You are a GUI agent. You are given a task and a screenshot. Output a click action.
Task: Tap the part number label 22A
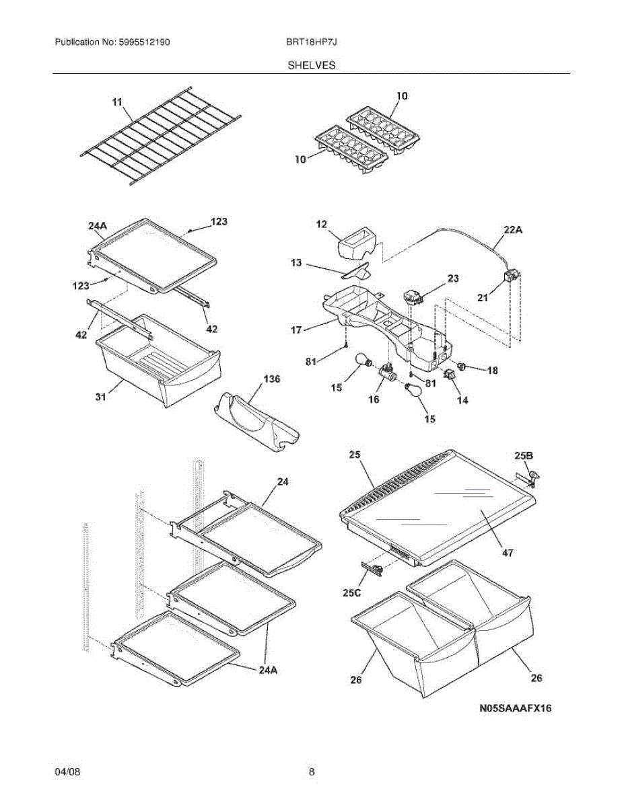point(513,229)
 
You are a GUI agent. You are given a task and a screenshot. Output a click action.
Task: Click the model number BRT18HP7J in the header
point(311,42)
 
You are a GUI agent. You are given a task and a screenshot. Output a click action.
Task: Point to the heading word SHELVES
point(312,65)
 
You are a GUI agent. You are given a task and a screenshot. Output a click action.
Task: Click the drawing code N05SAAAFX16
point(515,708)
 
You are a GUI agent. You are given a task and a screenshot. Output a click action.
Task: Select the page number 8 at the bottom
point(312,772)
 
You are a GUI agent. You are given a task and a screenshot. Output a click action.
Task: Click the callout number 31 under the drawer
point(100,398)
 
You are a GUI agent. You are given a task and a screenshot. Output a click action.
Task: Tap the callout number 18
point(493,370)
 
